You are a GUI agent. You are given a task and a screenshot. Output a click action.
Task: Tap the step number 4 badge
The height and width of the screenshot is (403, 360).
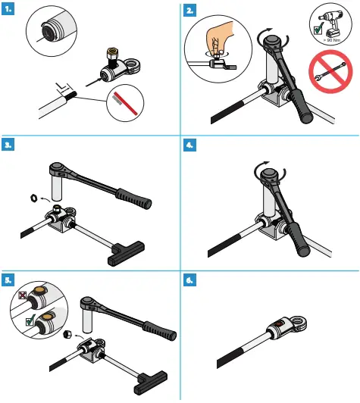[190, 144]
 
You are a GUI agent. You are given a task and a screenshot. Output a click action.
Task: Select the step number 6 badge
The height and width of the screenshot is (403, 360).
[190, 279]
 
